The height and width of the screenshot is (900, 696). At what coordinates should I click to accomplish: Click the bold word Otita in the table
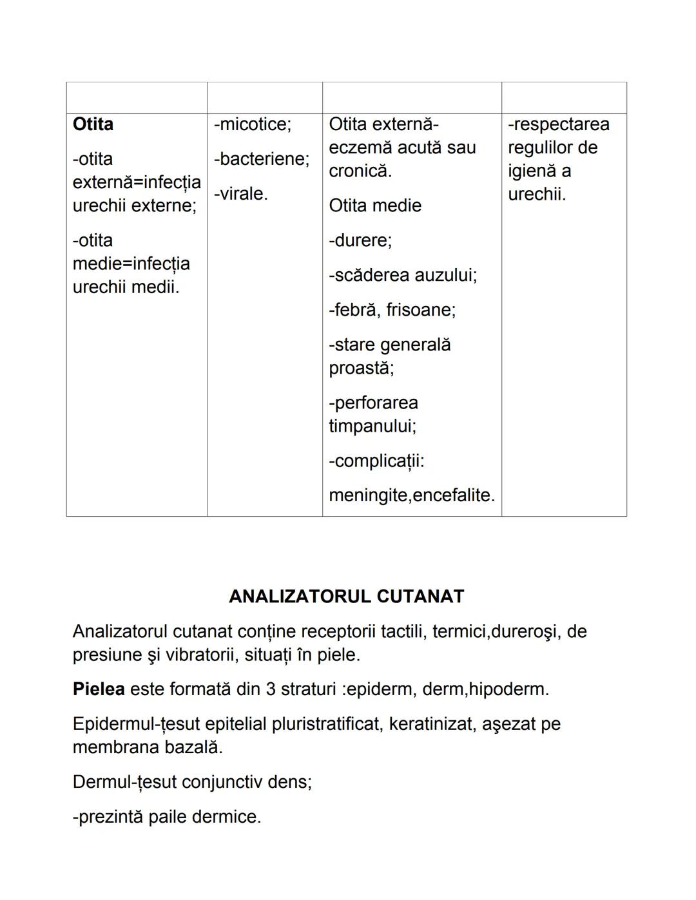coord(93,124)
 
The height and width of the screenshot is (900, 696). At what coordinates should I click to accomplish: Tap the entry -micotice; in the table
coord(252,124)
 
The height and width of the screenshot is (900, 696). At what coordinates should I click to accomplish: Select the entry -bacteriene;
coord(261,159)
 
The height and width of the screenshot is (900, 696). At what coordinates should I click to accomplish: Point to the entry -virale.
coord(240,194)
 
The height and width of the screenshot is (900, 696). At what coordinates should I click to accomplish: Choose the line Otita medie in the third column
coord(375,206)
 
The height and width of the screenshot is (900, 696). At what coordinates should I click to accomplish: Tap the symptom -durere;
coord(360,240)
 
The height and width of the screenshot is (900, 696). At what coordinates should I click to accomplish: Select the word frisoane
coord(421,310)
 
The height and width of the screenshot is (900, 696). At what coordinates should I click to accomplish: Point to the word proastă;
coord(362,368)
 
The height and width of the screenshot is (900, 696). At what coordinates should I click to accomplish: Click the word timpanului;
coord(372,426)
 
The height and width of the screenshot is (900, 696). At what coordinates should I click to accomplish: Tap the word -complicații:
coord(376,461)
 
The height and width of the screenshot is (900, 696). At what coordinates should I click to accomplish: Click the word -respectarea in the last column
coord(558,124)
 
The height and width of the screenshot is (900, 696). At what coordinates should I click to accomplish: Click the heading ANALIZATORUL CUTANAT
coord(347,597)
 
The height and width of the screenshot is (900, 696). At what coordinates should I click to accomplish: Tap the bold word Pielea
coord(99,689)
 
